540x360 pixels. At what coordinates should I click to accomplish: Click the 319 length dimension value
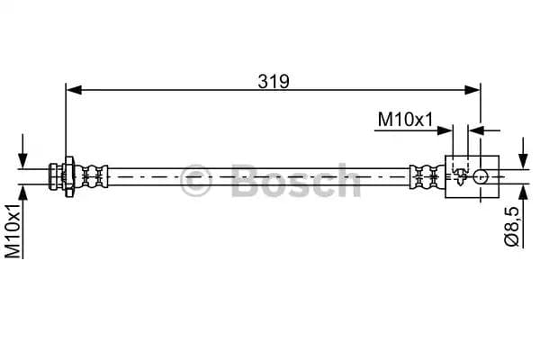click(273, 81)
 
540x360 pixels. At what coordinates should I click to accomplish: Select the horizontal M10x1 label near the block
click(404, 119)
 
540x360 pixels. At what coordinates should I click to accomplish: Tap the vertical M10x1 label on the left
click(13, 230)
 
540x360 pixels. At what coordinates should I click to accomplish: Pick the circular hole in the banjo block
click(483, 175)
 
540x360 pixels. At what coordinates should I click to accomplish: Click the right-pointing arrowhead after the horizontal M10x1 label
click(447, 130)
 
